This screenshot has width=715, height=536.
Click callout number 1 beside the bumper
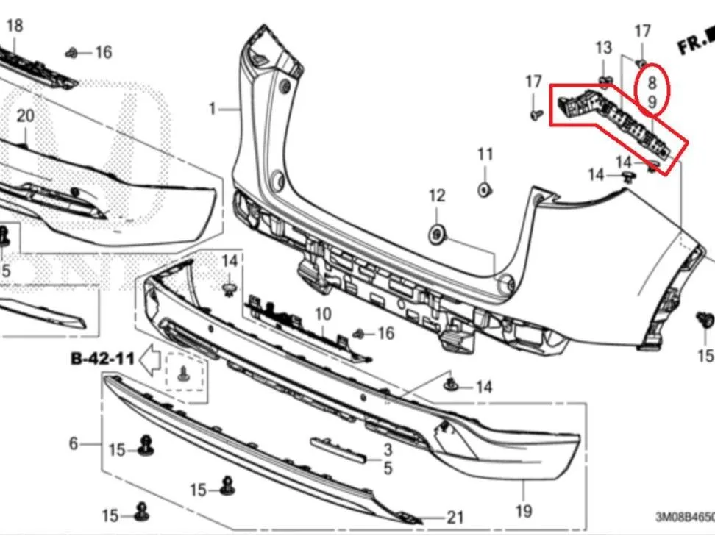tap(212, 109)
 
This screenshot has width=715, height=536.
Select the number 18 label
tap(15, 26)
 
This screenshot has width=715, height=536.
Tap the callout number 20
tap(26, 115)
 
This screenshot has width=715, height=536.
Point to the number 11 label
tap(485, 154)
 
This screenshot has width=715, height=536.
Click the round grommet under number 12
tap(437, 235)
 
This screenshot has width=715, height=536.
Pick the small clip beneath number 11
tap(484, 189)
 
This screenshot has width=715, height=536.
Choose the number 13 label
tap(604, 47)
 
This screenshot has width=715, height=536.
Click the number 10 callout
tap(323, 314)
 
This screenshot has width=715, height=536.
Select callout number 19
tap(524, 512)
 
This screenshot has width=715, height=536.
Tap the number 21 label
tap(455, 518)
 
